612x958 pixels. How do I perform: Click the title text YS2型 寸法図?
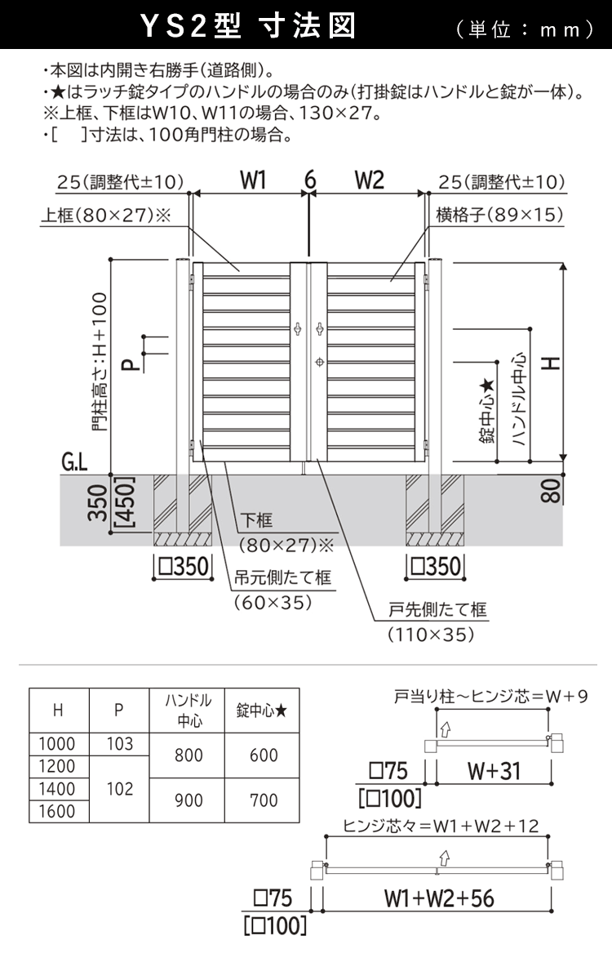(248, 26)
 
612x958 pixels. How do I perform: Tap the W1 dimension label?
(253, 180)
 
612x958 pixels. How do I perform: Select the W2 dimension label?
(370, 180)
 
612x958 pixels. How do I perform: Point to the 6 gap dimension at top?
(310, 180)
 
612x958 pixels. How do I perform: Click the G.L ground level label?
(74, 462)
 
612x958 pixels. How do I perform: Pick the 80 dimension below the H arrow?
(550, 491)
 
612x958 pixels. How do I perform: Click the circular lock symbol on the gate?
(319, 363)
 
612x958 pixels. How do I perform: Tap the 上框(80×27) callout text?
(105, 215)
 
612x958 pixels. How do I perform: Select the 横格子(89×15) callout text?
(499, 215)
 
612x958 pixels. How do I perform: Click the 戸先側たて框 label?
(437, 610)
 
